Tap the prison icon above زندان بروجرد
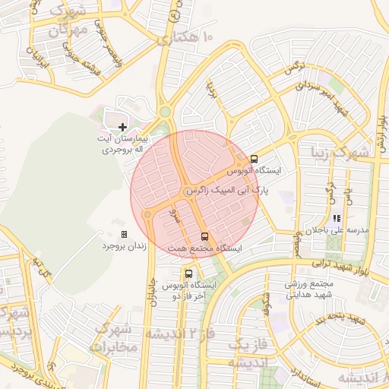[x=125, y=235]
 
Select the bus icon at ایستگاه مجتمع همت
[x=204, y=236]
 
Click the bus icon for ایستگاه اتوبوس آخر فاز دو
[x=188, y=274]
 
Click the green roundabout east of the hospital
[x=164, y=114]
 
